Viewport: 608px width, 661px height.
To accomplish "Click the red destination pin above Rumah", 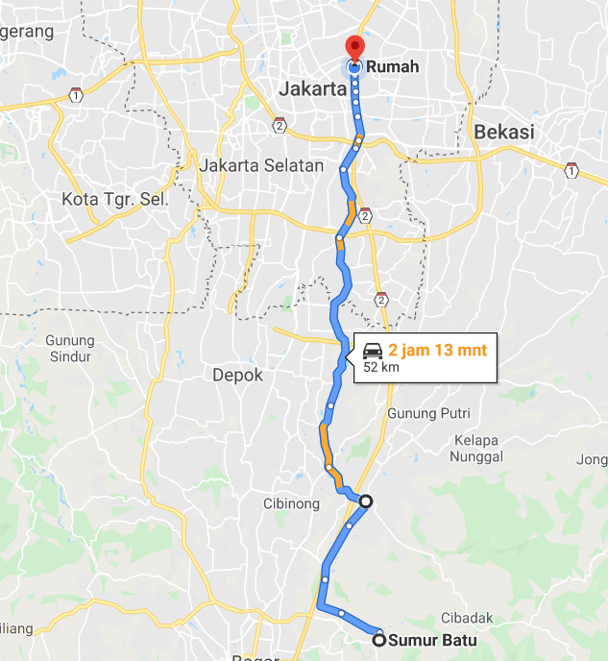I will coord(354,48).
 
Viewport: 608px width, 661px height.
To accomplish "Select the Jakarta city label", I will coord(312,89).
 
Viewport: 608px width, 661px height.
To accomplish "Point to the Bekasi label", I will coord(503,133).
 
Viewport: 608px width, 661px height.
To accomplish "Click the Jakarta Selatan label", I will coord(261,165).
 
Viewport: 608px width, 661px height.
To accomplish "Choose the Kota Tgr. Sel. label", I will coord(114,200).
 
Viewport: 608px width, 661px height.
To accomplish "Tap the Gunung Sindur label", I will coord(69,349).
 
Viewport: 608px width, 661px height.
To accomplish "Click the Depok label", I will coord(237,376).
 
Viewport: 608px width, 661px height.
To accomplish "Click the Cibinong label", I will coord(290,503).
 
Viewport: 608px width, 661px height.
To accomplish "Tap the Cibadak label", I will coord(467,618).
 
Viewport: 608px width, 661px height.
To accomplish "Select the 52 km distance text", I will coord(380,367).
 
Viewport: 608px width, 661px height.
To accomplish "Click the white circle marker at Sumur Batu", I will coord(379,640).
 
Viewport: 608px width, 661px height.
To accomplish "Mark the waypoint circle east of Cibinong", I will coord(365,501).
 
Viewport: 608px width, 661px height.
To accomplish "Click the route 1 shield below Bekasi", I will coord(572,171).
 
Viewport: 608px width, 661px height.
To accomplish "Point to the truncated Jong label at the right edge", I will coord(592,459).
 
